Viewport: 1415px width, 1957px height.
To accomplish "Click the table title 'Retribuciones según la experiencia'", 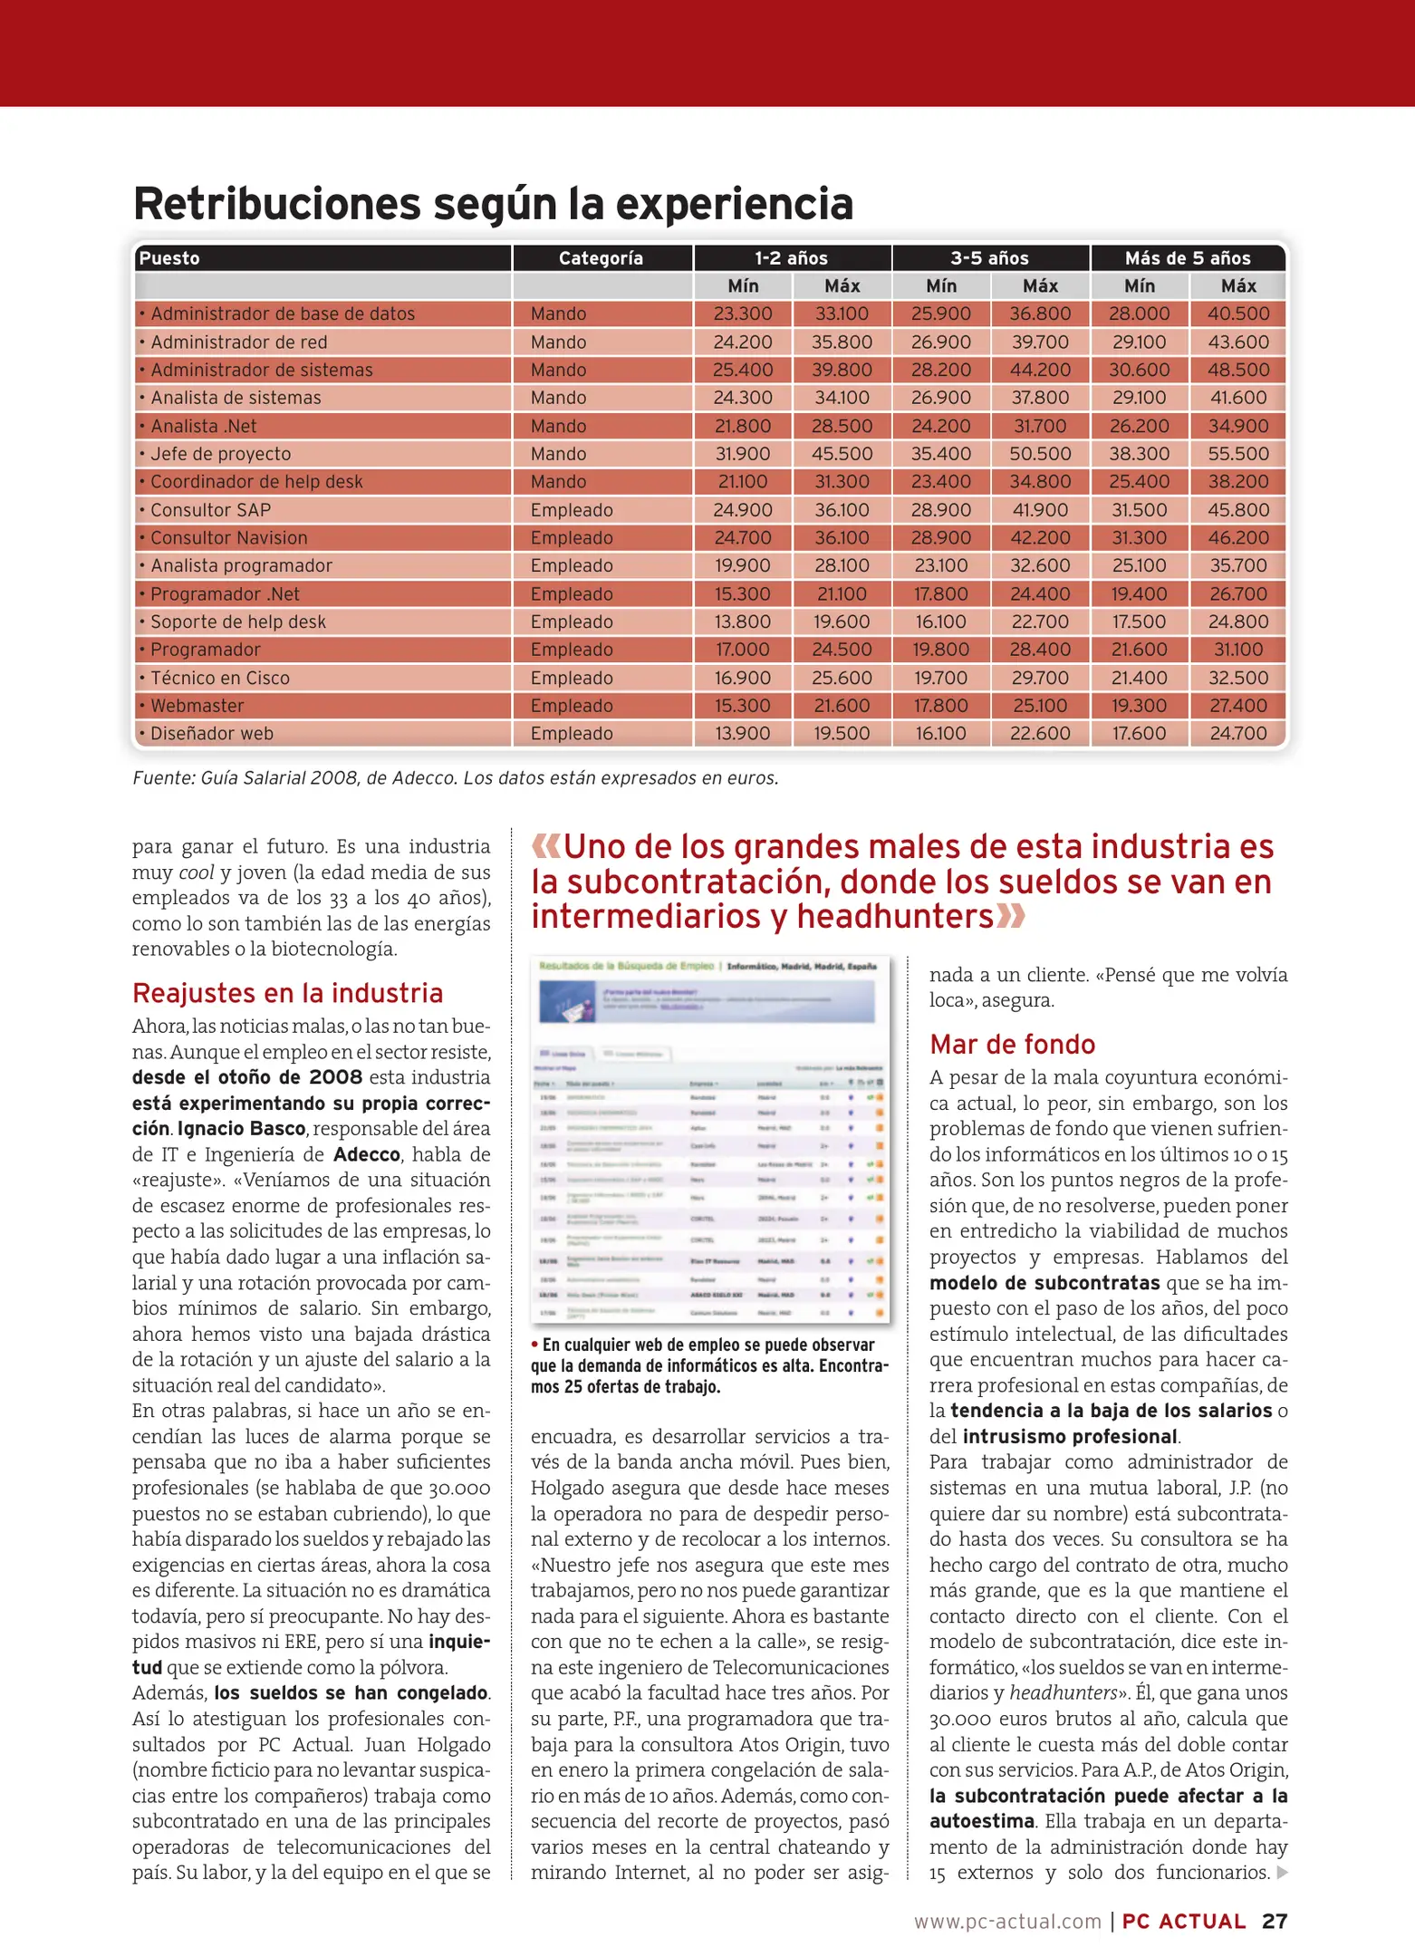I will [493, 203].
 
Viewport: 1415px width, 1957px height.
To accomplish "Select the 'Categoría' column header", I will [601, 258].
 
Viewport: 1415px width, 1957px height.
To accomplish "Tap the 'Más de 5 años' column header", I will [1187, 258].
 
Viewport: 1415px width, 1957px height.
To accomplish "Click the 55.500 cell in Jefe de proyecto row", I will [1237, 454].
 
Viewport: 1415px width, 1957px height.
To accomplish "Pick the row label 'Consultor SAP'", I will [210, 510].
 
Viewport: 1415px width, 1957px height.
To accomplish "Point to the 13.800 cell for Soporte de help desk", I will [742, 622].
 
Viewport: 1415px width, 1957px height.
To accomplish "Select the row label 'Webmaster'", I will [197, 706].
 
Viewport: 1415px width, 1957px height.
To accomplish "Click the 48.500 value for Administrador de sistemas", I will [1237, 370].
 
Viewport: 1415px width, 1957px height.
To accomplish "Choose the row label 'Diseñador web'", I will [211, 734].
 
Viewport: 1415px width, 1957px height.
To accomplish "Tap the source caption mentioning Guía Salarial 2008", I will [455, 778].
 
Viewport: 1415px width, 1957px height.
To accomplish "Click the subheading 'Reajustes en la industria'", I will [287, 993].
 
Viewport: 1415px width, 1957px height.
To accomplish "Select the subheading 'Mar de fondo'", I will [1012, 1045].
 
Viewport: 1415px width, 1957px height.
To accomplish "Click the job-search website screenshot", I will [709, 1140].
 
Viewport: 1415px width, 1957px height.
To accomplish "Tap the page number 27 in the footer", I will [1274, 1922].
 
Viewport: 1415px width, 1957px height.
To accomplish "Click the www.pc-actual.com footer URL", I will [1006, 1922].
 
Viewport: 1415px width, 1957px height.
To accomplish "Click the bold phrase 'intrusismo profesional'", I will [1069, 1437].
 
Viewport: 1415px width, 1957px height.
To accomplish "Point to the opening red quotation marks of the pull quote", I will [545, 847].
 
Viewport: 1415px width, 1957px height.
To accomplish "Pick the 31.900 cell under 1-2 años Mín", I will [742, 454].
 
